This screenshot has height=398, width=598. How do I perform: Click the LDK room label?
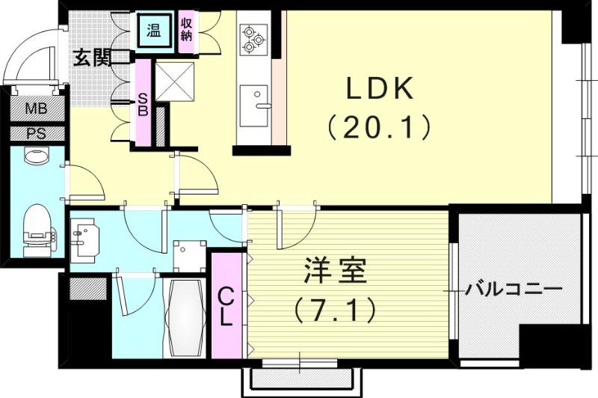[379, 91]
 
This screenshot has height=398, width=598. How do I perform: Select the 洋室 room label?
[335, 272]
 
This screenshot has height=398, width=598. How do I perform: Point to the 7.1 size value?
[334, 307]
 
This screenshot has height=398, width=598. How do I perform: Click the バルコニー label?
[512, 289]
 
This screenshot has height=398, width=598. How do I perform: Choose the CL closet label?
[226, 306]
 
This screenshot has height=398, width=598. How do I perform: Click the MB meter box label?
[36, 109]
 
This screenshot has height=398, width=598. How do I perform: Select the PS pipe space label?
[36, 135]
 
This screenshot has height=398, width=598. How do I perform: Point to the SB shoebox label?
[143, 104]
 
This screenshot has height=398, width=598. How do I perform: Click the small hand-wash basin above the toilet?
[34, 156]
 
